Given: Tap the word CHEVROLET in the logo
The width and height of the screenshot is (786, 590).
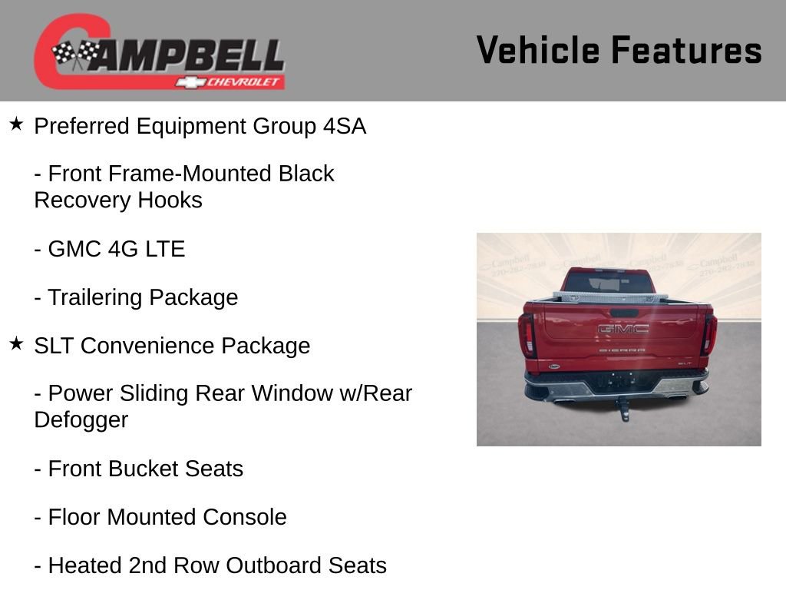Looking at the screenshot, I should click(x=244, y=82).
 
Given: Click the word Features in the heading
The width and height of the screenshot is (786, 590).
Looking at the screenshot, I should click(x=686, y=50).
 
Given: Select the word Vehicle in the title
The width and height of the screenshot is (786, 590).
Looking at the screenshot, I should click(x=537, y=50).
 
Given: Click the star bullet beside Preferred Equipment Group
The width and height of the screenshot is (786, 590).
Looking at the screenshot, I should click(x=16, y=124).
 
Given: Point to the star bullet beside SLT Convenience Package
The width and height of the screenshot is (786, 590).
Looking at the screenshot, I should click(x=16, y=343).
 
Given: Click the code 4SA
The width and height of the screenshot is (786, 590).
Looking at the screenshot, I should click(x=344, y=126).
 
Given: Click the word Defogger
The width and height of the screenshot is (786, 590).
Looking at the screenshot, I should click(x=81, y=420).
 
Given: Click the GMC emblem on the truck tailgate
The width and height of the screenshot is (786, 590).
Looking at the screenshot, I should click(x=623, y=329).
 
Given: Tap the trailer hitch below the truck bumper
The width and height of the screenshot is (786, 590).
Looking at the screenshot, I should click(x=624, y=411).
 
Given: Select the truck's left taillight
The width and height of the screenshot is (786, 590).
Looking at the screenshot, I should click(x=527, y=334).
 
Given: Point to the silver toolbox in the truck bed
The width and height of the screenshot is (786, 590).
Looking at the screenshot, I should click(x=609, y=296).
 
